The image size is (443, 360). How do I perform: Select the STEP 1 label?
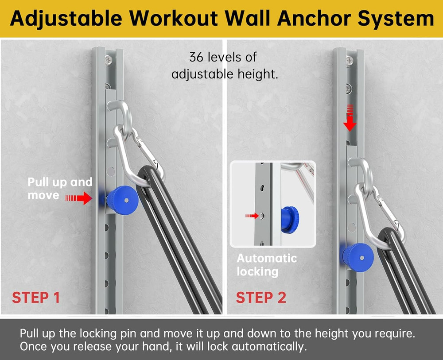[x=36, y=298]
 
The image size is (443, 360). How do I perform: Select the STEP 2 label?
[x=261, y=298]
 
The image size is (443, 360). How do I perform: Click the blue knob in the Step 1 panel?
[x=122, y=201]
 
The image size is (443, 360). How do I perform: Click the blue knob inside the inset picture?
[x=290, y=217]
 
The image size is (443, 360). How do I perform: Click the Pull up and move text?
[x=60, y=188]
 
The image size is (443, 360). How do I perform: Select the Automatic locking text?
[x=266, y=265]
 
